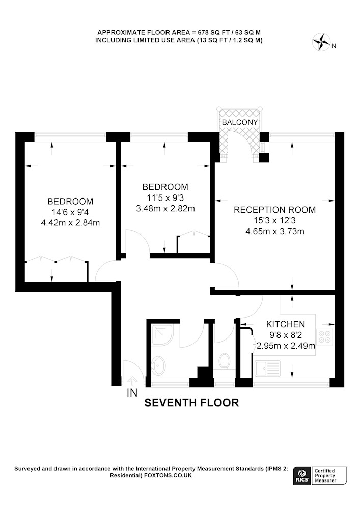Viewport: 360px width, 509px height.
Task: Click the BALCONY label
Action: pyautogui.click(x=239, y=122)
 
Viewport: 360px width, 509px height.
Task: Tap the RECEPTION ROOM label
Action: pyautogui.click(x=274, y=210)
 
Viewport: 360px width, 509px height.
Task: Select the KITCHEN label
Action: pyautogui.click(x=286, y=324)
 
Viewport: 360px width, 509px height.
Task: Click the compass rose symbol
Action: pyautogui.click(x=321, y=42)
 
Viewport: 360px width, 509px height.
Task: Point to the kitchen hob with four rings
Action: pyautogui.click(x=325, y=336)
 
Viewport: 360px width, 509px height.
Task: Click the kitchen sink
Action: pyautogui.click(x=268, y=369)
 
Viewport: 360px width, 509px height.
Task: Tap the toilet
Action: pyautogui.click(x=225, y=361)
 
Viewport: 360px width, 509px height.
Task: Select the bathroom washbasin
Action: pyautogui.click(x=158, y=366)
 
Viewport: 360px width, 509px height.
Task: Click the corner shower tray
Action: pyautogui.click(x=163, y=335)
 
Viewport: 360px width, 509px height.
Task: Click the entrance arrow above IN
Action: pyautogui.click(x=132, y=381)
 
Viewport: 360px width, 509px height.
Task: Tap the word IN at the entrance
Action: pyautogui.click(x=132, y=393)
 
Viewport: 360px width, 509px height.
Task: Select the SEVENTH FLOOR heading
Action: pyautogui.click(x=191, y=403)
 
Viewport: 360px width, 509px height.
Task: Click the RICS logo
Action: pyautogui.click(x=301, y=475)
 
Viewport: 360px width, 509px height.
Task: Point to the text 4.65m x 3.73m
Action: pyautogui.click(x=275, y=232)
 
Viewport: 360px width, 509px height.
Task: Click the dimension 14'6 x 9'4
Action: pyautogui.click(x=70, y=212)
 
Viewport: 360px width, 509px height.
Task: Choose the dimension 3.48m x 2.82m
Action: pyautogui.click(x=165, y=208)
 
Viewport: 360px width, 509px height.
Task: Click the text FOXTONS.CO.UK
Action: pyautogui.click(x=168, y=475)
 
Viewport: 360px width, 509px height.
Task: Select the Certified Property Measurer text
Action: pyautogui.click(x=325, y=475)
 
